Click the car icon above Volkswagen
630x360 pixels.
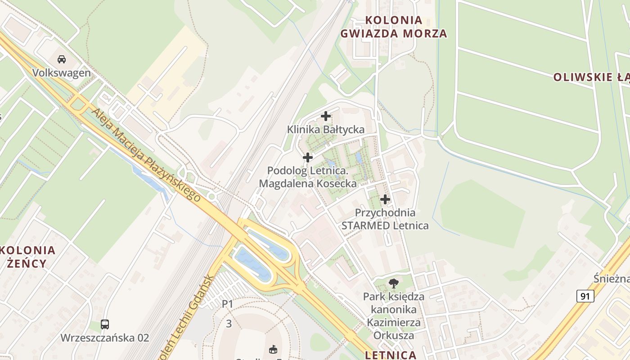click(x=62, y=59)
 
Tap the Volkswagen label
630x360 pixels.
click(x=62, y=73)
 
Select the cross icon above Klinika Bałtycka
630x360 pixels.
click(x=326, y=116)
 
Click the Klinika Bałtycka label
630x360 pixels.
click(x=326, y=130)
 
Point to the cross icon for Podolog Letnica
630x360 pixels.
click(x=308, y=157)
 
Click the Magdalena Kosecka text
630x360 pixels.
click(x=308, y=184)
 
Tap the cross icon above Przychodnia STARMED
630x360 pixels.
click(x=385, y=199)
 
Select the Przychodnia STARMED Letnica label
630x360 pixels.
click(x=385, y=219)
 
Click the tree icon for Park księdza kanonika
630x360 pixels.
click(x=394, y=283)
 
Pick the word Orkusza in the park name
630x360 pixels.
click(x=394, y=335)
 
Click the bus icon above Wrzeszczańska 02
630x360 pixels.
click(x=105, y=324)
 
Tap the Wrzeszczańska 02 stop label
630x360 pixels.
click(x=105, y=338)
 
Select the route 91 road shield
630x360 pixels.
click(x=585, y=296)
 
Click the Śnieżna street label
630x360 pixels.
click(x=611, y=279)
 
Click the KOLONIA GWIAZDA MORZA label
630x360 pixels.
click(x=394, y=27)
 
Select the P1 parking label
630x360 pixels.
click(x=228, y=304)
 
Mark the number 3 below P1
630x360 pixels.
click(x=229, y=324)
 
